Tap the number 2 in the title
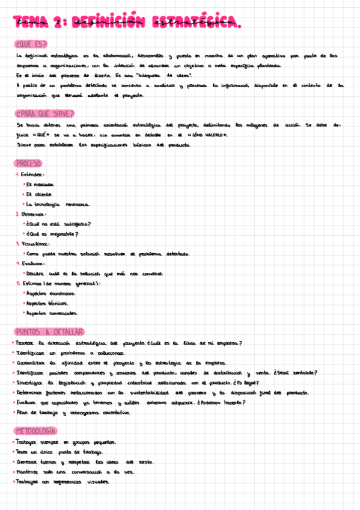[x=58, y=23]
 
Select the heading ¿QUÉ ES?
[x=31, y=44]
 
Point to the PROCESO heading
[x=29, y=164]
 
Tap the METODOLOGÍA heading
[x=36, y=431]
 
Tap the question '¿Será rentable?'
[x=298, y=373]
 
